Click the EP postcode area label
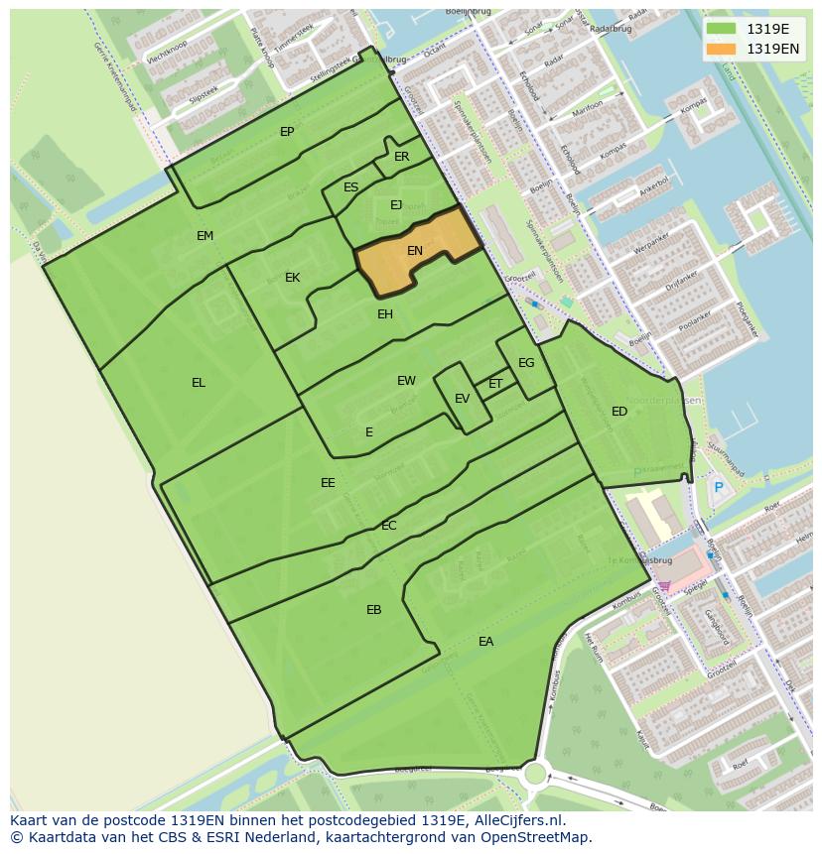coord(287,132)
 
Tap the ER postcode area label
coord(401,157)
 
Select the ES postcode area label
coord(350,187)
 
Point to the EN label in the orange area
coord(415,251)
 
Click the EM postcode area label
coord(205,236)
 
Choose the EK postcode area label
coord(292,278)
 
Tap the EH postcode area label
coord(385,314)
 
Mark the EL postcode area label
coord(199,383)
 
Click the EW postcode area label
coord(406,381)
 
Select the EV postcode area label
coord(462,399)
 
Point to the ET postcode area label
coord(495,384)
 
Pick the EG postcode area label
coord(526,363)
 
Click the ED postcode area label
coord(619,412)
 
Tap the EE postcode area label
coord(328,483)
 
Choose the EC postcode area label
coord(389,526)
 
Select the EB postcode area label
coord(373,610)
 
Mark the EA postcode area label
coord(485,642)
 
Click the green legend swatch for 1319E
coord(721,29)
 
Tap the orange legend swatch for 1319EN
coord(721,49)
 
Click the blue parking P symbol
coord(718,487)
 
